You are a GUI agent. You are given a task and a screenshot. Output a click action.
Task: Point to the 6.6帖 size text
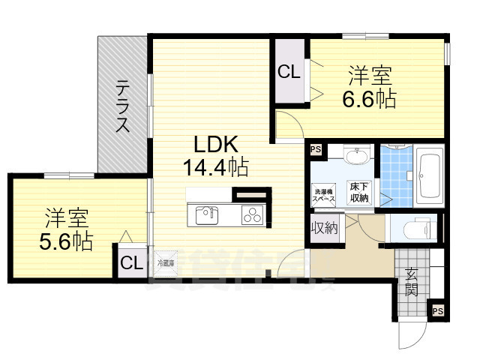tap(369, 98)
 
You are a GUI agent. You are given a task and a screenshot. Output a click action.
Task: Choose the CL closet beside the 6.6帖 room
tap(289, 72)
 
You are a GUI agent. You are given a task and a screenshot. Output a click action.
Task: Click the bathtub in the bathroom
tap(430, 178)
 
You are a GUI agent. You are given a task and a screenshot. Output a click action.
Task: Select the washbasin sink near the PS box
tap(356, 157)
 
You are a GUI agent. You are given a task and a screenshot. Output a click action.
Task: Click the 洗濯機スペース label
tap(323, 194)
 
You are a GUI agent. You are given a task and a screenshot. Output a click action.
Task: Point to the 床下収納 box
tap(358, 193)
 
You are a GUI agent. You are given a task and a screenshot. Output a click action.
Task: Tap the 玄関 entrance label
tap(412, 282)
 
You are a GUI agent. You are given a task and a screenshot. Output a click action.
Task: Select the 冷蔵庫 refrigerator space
tap(165, 263)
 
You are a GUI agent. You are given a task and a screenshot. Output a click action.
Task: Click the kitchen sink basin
tap(207, 216)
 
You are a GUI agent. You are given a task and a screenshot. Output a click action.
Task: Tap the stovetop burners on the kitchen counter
tap(251, 216)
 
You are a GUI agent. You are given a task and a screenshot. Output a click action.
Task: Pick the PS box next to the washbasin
tap(315, 149)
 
